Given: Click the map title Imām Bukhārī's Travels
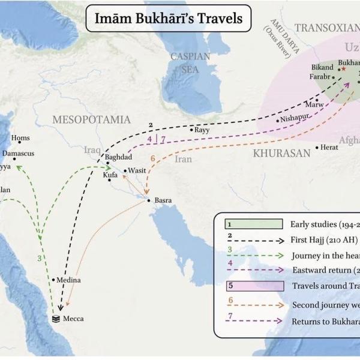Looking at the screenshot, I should point(169,19).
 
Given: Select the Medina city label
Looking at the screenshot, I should point(69,280).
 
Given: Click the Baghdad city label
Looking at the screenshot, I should point(118,157).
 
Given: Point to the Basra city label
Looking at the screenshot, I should point(163,200).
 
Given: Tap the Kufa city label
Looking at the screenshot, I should point(110,175).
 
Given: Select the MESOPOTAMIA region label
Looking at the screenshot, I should point(91,119).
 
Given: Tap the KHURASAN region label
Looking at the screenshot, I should point(281,154).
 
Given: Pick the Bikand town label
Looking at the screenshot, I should point(322,68).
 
